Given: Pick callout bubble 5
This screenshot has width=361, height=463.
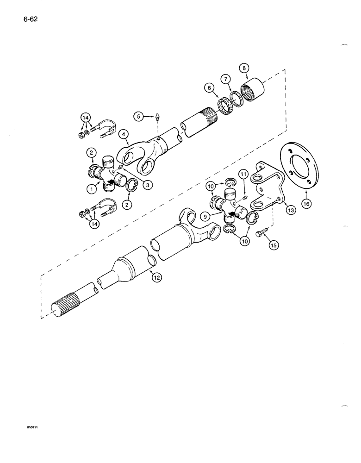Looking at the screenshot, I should point(137,118).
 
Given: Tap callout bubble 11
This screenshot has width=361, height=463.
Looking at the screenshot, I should point(244,174).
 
